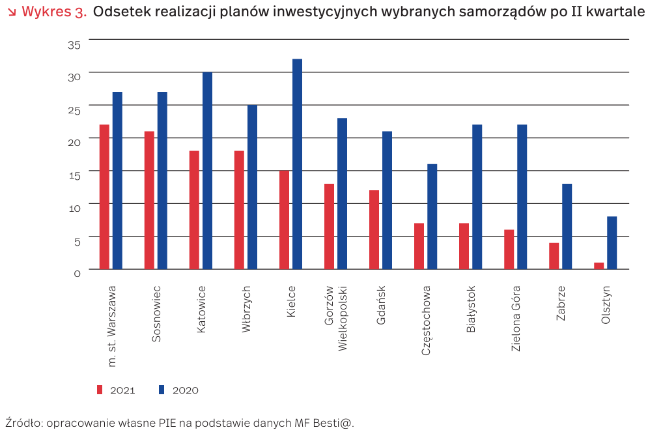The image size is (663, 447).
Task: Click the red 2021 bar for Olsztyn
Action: pyautogui.click(x=599, y=265)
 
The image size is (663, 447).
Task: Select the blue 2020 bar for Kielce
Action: pyautogui.click(x=297, y=164)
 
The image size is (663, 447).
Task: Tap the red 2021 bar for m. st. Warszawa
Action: pyautogui.click(x=104, y=196)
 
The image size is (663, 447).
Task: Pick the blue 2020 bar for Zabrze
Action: pyautogui.click(x=567, y=226)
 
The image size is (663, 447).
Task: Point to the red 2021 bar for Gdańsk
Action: pyautogui.click(x=374, y=229)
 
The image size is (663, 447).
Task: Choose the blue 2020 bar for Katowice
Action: pyautogui.click(x=207, y=170)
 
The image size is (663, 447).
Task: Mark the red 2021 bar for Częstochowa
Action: pyautogui.click(x=419, y=246)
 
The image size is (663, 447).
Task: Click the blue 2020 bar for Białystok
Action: pyautogui.click(x=477, y=196)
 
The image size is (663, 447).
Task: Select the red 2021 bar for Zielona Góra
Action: pyautogui.click(x=509, y=249)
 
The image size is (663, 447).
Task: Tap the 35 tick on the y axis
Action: pyautogui.click(x=74, y=44)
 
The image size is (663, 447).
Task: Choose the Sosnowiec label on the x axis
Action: pyautogui.click(x=156, y=313)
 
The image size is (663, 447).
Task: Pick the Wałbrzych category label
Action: pyautogui.click(x=246, y=309)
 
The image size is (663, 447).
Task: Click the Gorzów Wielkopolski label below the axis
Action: pyautogui.click(x=336, y=317)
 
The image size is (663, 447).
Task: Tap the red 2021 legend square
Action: pyautogui.click(x=100, y=390)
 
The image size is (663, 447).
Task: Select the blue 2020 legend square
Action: pyautogui.click(x=162, y=390)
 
